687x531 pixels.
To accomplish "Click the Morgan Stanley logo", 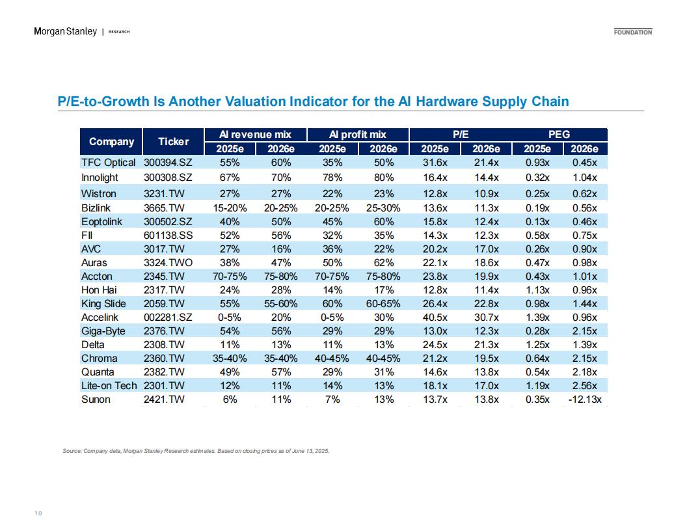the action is pos(65,31).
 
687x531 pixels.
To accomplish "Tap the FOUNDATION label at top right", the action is pos(632,32).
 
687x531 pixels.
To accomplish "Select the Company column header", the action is pos(111,141).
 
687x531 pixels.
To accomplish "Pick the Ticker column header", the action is pos(174,141).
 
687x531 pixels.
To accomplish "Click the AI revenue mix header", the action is pos(255,135).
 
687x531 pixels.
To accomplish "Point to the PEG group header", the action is pos(559,135).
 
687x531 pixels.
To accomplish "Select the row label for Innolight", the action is pos(100,178).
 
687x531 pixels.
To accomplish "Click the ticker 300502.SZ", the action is pos(168,222).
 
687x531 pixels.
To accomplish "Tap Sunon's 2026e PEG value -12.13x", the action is pos(584,400).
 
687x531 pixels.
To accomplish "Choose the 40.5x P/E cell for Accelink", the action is pos(435,317).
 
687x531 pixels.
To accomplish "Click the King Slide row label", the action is pos(103,304).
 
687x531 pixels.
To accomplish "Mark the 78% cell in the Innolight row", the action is pos(332,178).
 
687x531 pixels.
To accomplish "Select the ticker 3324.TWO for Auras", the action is pos(168,263).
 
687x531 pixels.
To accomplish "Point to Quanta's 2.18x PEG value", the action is pos(584,372).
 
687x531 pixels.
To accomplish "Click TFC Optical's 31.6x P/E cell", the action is pos(435,163).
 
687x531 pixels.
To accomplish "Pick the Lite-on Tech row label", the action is pos(109,385).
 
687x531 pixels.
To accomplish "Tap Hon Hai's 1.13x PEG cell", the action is pos(537,290).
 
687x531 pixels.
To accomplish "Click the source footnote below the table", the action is pos(195,451).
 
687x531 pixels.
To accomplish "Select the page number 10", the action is pos(38,513).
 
